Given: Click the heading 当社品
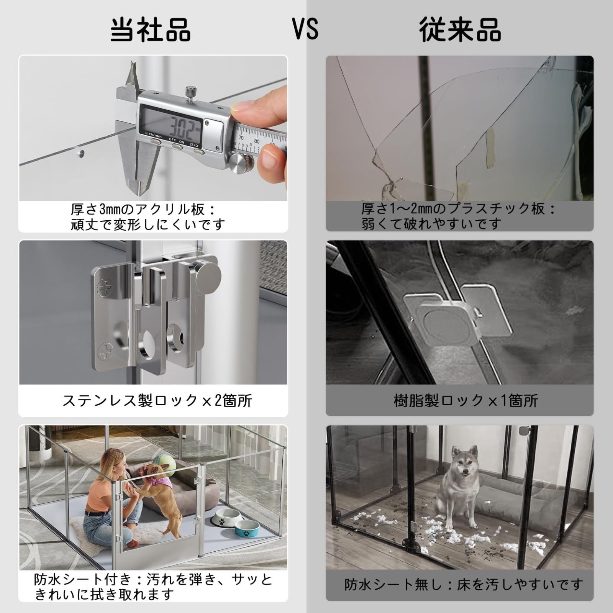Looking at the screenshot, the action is tap(151, 30).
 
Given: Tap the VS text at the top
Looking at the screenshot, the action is tap(306, 29).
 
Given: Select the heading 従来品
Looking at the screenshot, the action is tap(460, 30).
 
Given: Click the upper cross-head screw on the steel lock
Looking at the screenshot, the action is tap(104, 287).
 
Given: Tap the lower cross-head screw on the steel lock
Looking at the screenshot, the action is tap(104, 351).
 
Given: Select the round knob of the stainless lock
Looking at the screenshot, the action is tap(207, 273).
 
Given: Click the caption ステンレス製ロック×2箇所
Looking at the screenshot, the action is tap(157, 401).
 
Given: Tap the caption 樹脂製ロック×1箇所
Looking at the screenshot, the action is tap(466, 401).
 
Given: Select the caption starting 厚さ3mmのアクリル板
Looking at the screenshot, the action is tap(148, 217).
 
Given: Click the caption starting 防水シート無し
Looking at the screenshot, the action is tap(464, 584).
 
